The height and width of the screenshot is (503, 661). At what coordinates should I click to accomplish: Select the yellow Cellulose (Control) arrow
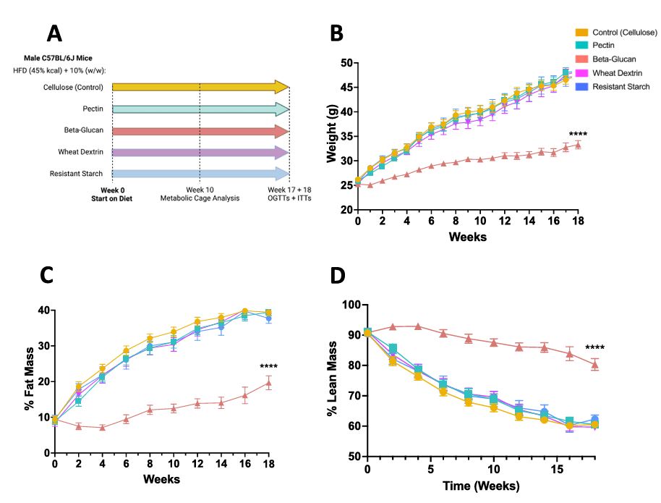click(201, 88)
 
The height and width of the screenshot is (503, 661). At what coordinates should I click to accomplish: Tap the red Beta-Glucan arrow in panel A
click(201, 131)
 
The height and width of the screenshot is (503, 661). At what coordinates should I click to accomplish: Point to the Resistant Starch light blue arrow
click(201, 174)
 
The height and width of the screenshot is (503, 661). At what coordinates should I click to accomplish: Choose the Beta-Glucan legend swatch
click(581, 59)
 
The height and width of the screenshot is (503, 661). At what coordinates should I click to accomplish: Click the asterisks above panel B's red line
click(578, 134)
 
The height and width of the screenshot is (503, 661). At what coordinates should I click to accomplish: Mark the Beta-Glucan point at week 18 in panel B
click(577, 145)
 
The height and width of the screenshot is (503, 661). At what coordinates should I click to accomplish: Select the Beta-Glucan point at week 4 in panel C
click(103, 428)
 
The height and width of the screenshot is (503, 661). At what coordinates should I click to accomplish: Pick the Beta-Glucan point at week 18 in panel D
click(594, 365)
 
